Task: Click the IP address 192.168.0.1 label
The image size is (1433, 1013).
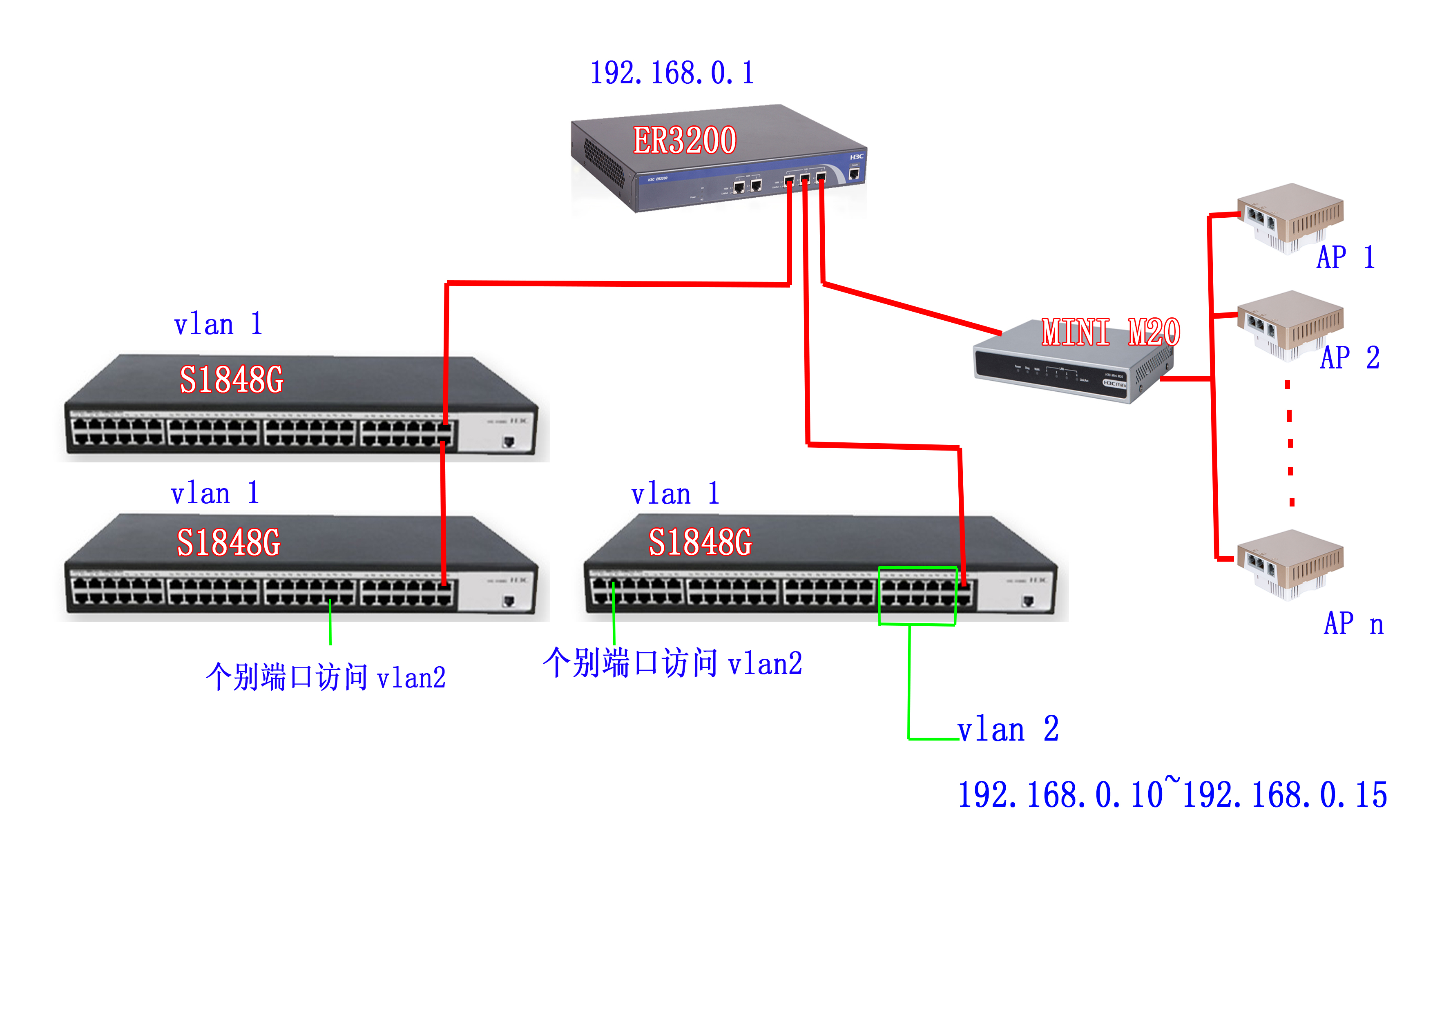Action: [x=672, y=73]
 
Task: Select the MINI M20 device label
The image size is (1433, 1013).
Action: [x=1110, y=332]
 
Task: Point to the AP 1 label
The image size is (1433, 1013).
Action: [x=1346, y=257]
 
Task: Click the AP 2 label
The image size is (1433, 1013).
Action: [x=1349, y=358]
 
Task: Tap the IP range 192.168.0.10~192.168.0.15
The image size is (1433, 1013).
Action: [x=1172, y=794]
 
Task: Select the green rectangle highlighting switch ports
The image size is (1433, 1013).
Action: [x=917, y=596]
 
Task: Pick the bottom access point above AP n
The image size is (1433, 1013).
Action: [x=1290, y=564]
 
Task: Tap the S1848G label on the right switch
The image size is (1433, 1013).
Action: [x=700, y=542]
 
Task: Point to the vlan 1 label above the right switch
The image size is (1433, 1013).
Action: [x=675, y=494]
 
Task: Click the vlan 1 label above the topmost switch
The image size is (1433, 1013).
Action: [x=218, y=325]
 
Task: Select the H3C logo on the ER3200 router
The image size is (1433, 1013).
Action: [x=856, y=157]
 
